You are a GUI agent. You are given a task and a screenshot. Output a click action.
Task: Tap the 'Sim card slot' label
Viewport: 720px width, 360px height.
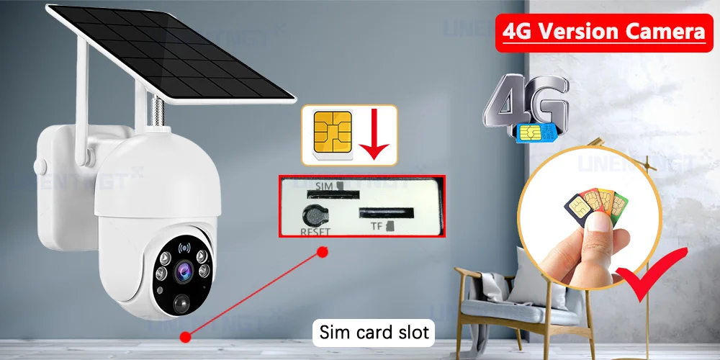coord(374,332)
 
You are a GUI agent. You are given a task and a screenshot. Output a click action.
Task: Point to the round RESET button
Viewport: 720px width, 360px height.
coord(315,215)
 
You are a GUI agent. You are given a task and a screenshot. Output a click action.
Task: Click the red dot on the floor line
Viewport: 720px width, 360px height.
coord(186,335)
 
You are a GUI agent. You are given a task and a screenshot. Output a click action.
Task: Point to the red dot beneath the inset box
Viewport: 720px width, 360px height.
coord(323,251)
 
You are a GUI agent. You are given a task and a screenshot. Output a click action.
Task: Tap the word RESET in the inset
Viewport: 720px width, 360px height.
coord(314,233)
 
